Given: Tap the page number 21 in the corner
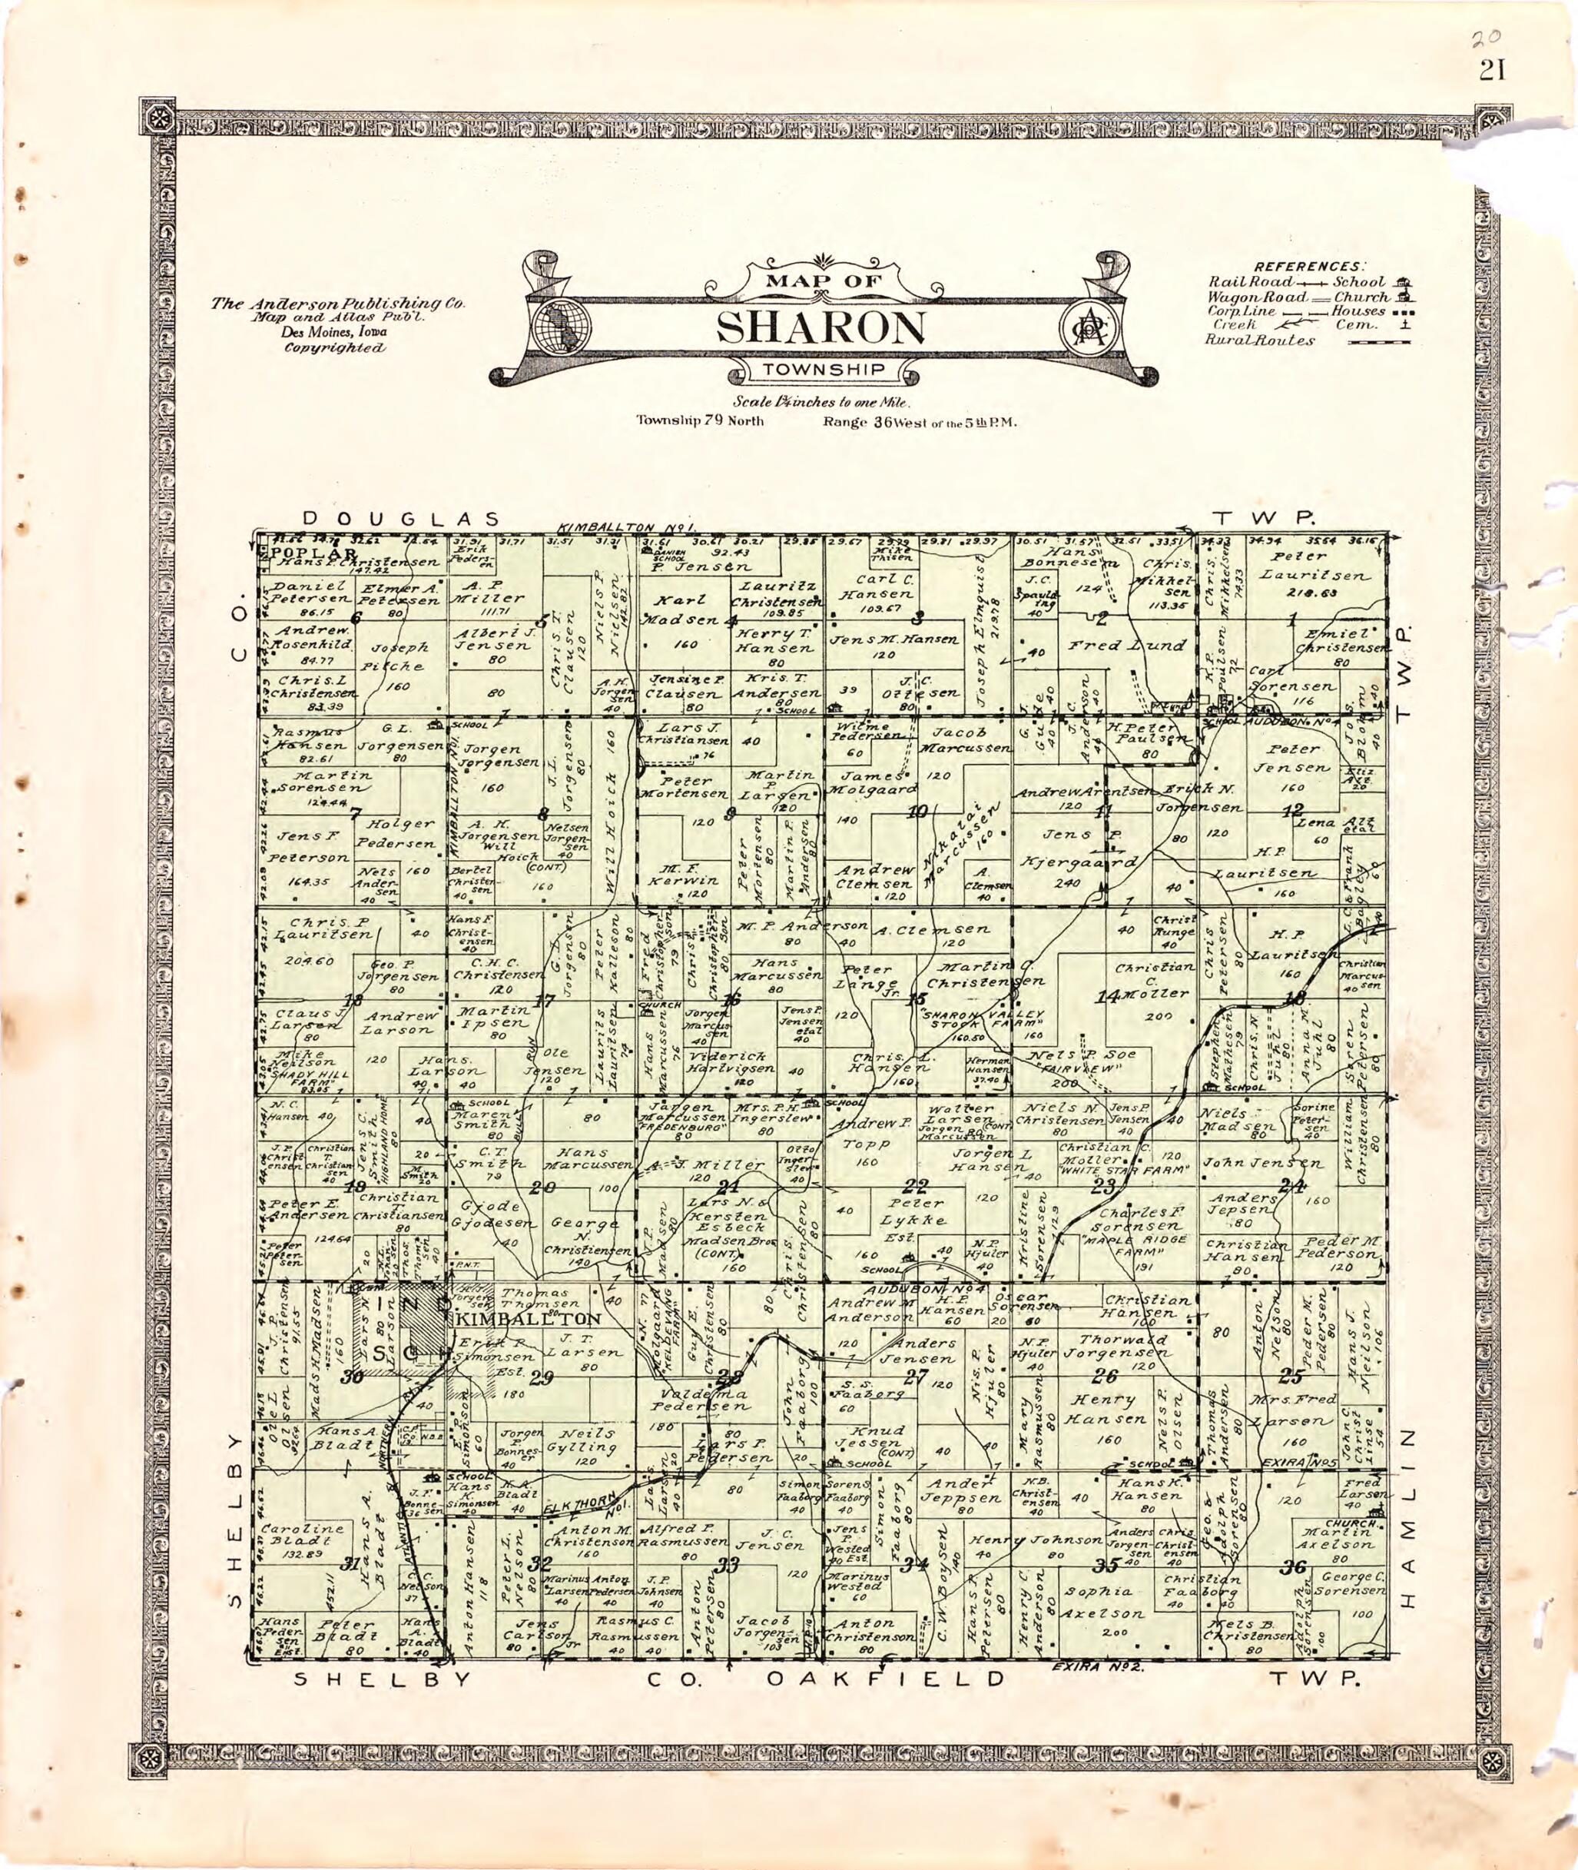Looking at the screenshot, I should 1492,70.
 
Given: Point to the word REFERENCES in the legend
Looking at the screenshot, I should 1310,266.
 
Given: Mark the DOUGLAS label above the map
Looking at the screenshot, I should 399,518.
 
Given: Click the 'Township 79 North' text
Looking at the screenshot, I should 700,420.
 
